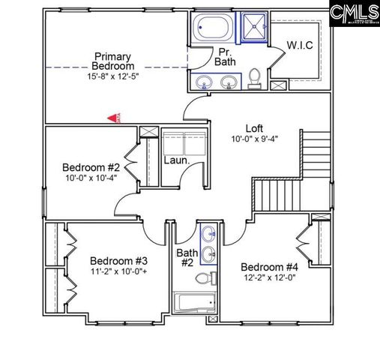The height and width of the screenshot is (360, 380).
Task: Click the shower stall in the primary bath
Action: pyautogui.click(x=253, y=28)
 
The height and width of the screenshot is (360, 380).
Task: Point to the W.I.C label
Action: pyautogui.click(x=299, y=46)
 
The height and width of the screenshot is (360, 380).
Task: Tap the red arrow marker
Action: pyautogui.click(x=112, y=118)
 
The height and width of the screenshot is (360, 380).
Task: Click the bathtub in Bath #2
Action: pyautogui.click(x=193, y=304)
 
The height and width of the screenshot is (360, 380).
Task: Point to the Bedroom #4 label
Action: pyautogui.click(x=269, y=267)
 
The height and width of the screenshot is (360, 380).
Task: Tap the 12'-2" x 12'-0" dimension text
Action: pyautogui.click(x=269, y=278)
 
